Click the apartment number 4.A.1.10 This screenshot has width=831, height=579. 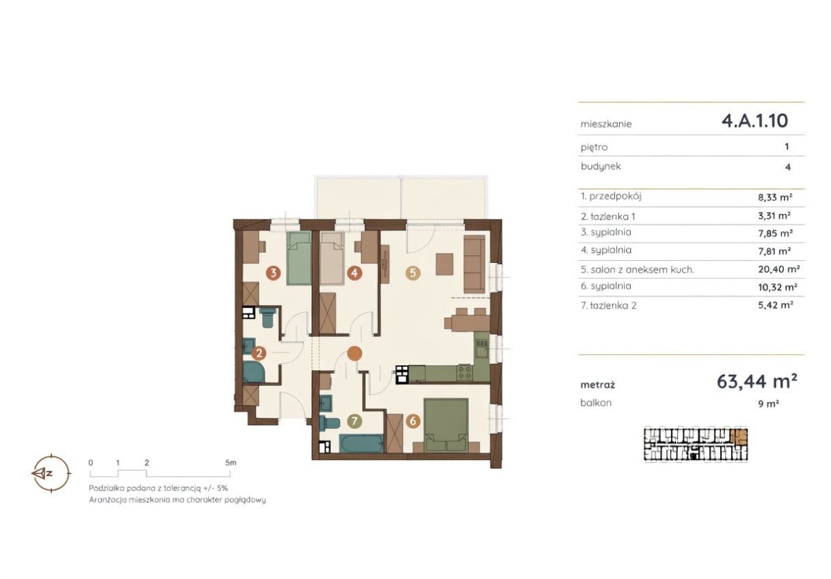pyautogui.click(x=755, y=121)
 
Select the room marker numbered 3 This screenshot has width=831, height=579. pyautogui.click(x=274, y=273)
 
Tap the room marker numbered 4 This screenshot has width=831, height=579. pyautogui.click(x=355, y=273)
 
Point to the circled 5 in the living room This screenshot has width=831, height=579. pyautogui.click(x=413, y=273)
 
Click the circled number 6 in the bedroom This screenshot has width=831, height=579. pyautogui.click(x=413, y=421)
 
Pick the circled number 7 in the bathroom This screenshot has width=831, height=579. pyautogui.click(x=355, y=421)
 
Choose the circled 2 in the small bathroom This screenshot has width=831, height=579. pyautogui.click(x=258, y=353)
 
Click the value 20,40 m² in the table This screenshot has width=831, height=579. pyautogui.click(x=778, y=269)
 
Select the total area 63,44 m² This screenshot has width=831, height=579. pyautogui.click(x=757, y=381)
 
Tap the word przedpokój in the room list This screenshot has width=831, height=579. pyautogui.click(x=615, y=196)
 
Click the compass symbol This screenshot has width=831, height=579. pyautogui.click(x=51, y=473)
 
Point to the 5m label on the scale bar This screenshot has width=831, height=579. pyautogui.click(x=231, y=463)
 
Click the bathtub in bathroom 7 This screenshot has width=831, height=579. pyautogui.click(x=361, y=443)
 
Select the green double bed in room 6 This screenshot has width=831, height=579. pyautogui.click(x=446, y=425)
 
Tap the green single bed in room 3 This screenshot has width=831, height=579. pyautogui.click(x=298, y=258)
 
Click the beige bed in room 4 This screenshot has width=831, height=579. pyautogui.click(x=332, y=258)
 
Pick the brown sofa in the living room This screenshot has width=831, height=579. pyautogui.click(x=474, y=264)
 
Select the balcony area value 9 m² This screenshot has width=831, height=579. pyautogui.click(x=768, y=404)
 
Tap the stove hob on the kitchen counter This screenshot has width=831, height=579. pyautogui.click(x=465, y=373)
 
